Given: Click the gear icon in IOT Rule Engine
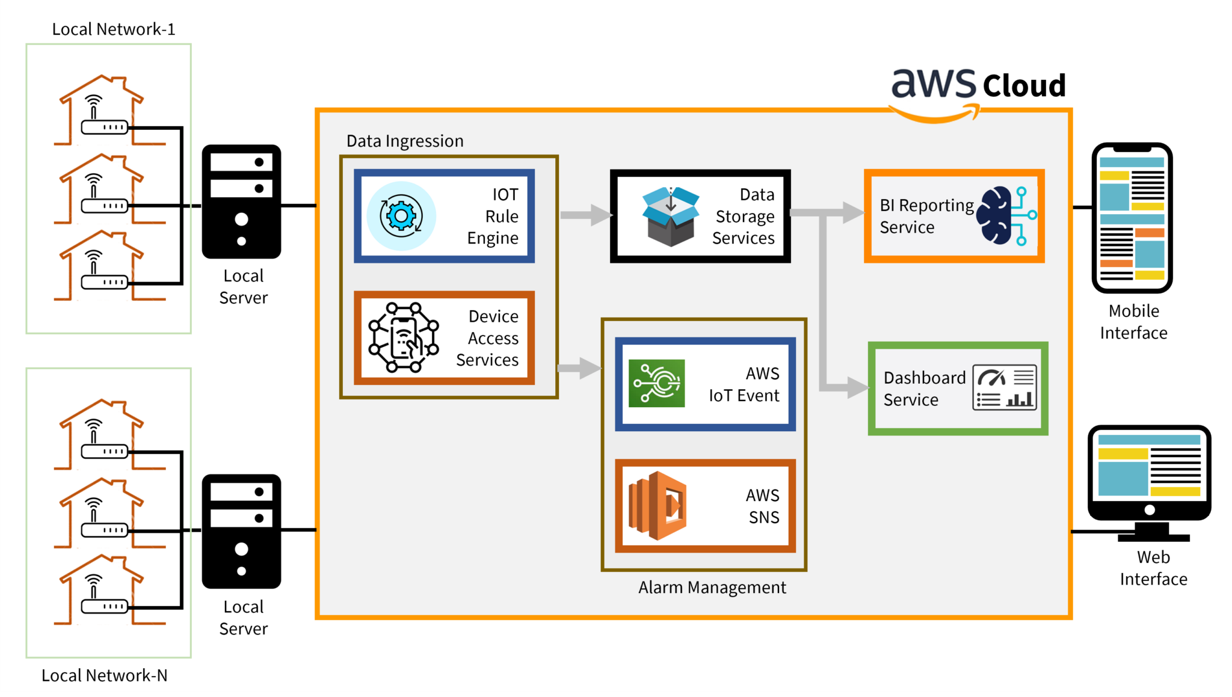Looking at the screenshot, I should [x=401, y=216].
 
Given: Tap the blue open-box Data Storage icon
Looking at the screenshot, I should [x=670, y=216].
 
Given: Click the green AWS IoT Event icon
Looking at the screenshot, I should [x=656, y=384].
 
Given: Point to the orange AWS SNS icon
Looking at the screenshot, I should [x=657, y=506].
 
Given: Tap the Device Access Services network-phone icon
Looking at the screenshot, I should [x=403, y=338].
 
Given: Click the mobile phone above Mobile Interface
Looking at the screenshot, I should [x=1132, y=218].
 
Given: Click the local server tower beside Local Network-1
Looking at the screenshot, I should [x=241, y=201].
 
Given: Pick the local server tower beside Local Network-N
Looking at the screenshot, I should [x=241, y=531].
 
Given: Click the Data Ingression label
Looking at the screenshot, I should [x=405, y=141].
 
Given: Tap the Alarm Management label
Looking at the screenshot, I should [x=712, y=588].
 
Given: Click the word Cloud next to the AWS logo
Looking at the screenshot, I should [x=1024, y=85].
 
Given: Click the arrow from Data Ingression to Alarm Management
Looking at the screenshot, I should [x=579, y=367].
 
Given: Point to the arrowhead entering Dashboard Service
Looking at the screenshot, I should [x=857, y=387].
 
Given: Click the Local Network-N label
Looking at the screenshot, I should [x=104, y=675].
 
